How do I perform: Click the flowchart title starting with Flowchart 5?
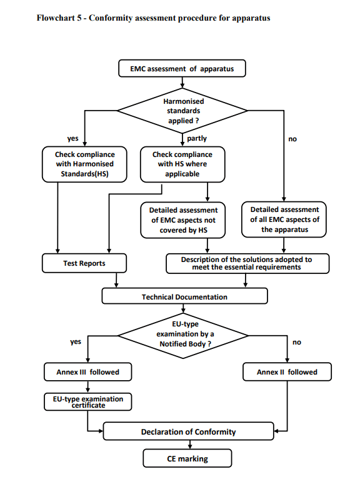(x=154, y=18)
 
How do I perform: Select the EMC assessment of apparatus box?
(x=182, y=68)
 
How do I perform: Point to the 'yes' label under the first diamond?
(x=72, y=138)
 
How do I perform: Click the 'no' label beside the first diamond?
(x=292, y=139)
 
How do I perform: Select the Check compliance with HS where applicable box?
(x=182, y=164)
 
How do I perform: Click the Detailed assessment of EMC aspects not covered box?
(x=183, y=220)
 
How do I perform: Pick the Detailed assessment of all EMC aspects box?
(x=284, y=220)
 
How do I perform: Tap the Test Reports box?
(x=84, y=263)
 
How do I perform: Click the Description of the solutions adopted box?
(x=247, y=263)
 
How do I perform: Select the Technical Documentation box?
(x=184, y=296)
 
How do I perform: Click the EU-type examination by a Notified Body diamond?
(x=183, y=335)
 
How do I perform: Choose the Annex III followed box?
(x=87, y=372)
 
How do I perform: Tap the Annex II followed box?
(x=287, y=372)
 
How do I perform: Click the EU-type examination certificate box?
(x=87, y=401)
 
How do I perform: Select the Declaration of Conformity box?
(x=188, y=431)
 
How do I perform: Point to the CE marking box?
(x=187, y=459)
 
